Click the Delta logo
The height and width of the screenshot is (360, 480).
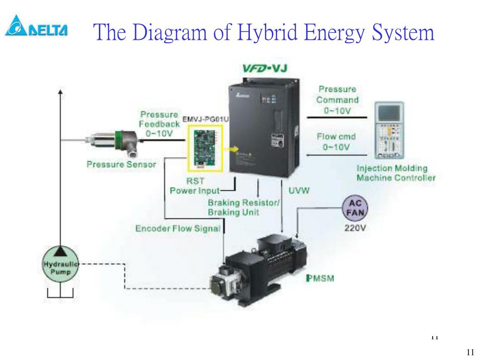click(36, 27)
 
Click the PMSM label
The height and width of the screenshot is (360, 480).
click(320, 278)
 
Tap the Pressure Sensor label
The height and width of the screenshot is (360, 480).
click(121, 165)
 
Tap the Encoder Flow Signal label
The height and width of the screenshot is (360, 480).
click(178, 229)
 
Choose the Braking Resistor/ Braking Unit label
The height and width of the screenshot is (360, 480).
click(244, 207)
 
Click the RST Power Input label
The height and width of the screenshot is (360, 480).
click(195, 186)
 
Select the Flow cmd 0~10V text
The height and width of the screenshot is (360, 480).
click(336, 142)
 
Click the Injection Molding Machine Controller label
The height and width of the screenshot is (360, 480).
click(396, 173)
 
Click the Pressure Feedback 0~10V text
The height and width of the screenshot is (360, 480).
click(159, 124)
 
